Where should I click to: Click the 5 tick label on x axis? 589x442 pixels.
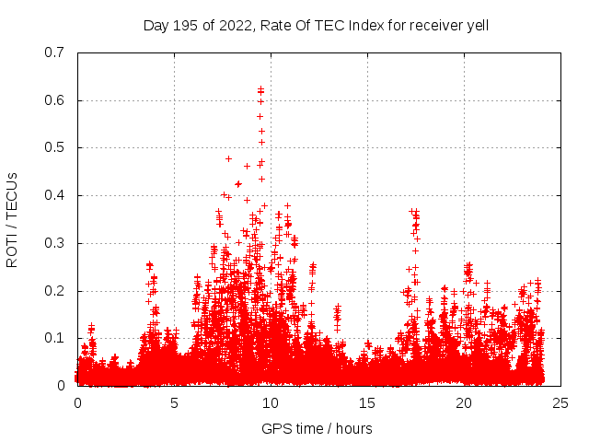coord(174,403)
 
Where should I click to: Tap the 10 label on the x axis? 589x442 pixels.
coord(271,403)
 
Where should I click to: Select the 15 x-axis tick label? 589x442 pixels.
coord(367,403)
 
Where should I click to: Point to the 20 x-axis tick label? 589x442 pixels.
coord(464,403)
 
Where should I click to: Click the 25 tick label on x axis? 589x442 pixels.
coord(560,403)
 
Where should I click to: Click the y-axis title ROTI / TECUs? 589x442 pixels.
coord(13,219)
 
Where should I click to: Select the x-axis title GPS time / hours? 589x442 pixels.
coord(317,428)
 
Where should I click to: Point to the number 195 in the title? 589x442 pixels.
coord(191,25)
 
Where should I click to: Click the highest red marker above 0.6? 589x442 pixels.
coord(261,88)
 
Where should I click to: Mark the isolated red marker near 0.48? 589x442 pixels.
coord(228,158)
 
